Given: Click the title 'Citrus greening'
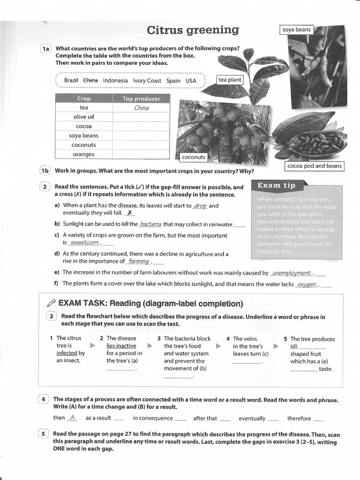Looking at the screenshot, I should click(x=193, y=30).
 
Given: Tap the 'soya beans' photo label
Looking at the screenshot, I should click(x=296, y=30).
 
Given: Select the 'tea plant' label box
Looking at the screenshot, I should click(x=230, y=80).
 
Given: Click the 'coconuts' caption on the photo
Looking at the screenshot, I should click(x=194, y=157).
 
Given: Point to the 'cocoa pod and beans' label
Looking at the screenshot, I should click(x=314, y=166).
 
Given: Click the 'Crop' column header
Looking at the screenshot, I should click(x=84, y=98).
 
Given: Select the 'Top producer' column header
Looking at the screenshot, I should click(x=141, y=98).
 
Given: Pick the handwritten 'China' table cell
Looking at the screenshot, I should click(x=141, y=108).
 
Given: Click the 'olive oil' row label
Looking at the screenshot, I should click(x=84, y=117).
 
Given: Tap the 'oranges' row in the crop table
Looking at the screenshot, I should click(x=84, y=154).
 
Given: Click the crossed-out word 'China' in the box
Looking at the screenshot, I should click(x=90, y=80).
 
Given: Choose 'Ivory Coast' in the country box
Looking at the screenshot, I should click(x=147, y=80).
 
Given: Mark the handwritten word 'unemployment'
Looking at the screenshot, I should click(x=291, y=273).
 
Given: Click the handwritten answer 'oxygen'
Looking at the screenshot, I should click(x=307, y=284).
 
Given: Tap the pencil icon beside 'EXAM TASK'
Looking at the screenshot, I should click(x=51, y=303).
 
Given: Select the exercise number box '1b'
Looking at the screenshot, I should click(x=45, y=171).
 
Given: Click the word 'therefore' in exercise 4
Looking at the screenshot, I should click(x=299, y=418).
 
